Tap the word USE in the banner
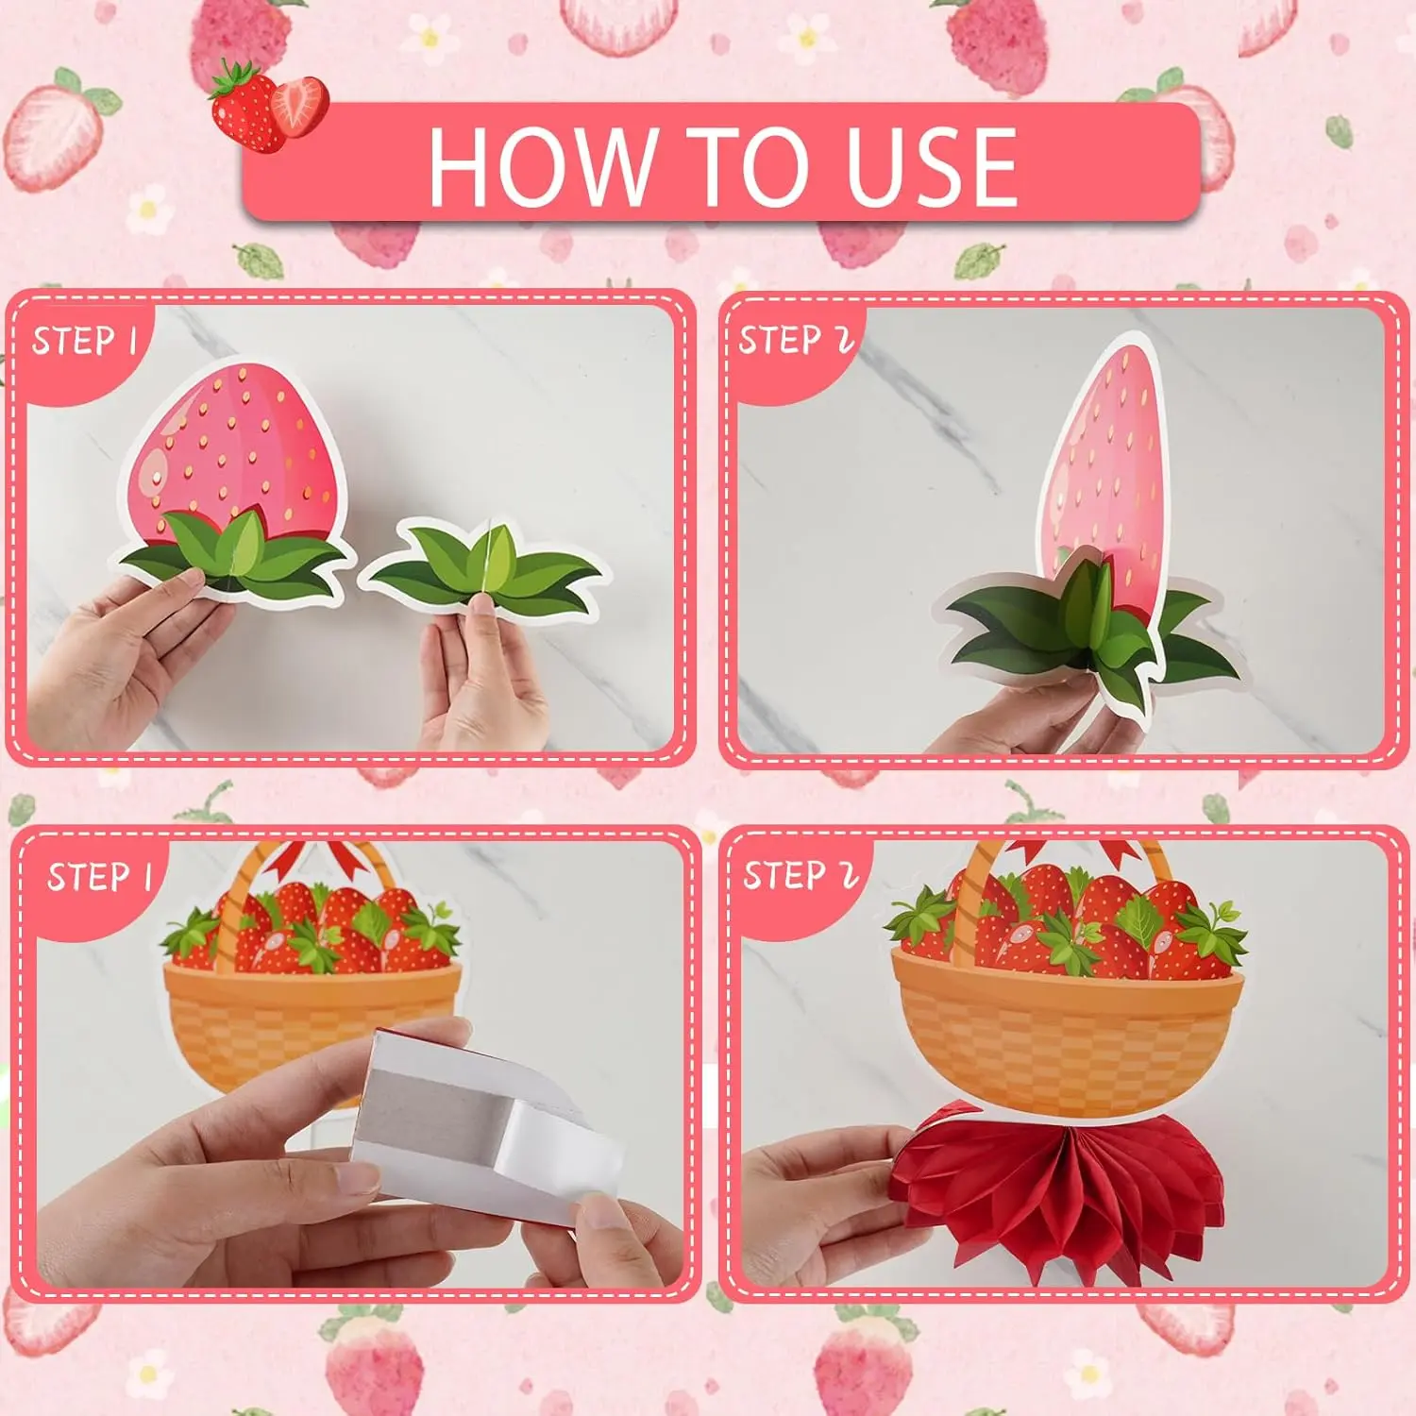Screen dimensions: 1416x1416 932,167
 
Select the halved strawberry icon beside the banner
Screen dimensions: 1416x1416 299,105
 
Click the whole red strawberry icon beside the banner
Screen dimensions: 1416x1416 245,106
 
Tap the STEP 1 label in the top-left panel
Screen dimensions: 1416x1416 86,341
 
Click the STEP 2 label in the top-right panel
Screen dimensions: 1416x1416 796,340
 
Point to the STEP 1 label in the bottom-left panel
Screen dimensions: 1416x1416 100,877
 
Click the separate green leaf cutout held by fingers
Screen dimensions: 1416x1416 481,568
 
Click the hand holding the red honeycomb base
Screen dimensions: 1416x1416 821,1208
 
